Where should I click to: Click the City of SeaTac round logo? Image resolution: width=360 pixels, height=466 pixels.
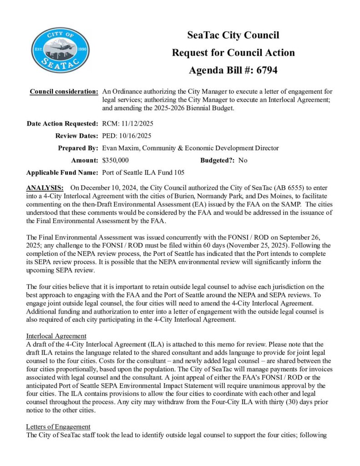tap(61, 51)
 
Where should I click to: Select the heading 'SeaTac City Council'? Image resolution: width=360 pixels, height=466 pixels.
tap(233, 35)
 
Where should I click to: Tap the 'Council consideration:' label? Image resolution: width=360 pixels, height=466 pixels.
tap(64, 91)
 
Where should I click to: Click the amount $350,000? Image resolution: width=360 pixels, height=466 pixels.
tap(116, 160)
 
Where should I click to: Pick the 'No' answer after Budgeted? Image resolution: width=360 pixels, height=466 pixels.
tap(243, 160)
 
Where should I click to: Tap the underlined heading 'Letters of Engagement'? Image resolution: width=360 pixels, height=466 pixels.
tap(59, 426)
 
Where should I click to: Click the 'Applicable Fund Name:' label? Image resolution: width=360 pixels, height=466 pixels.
tap(62, 172)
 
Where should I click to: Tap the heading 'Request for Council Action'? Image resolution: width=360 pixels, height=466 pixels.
tap(233, 52)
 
